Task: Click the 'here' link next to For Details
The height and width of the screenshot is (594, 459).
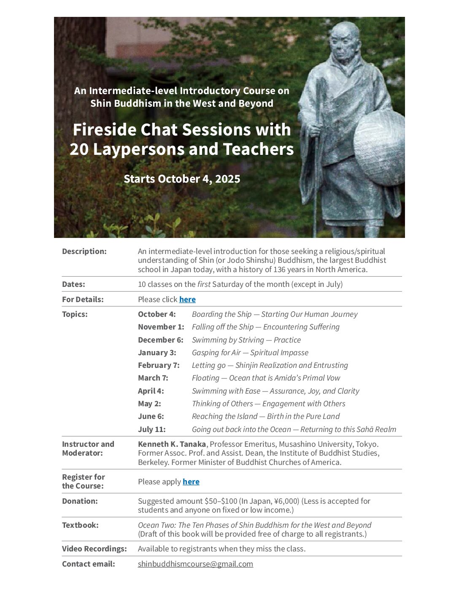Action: (x=187, y=300)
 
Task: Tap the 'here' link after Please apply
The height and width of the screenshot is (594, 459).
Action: (x=191, y=482)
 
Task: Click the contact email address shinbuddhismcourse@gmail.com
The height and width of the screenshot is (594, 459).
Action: (x=195, y=564)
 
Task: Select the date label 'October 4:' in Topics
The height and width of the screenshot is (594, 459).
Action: (x=157, y=314)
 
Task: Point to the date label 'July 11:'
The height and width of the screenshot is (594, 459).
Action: (x=152, y=429)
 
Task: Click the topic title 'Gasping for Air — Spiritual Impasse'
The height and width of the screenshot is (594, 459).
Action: (x=250, y=353)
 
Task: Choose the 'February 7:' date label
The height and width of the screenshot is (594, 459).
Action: (x=159, y=365)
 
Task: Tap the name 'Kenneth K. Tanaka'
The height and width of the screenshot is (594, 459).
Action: (x=172, y=444)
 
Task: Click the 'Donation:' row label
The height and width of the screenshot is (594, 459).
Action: (x=80, y=501)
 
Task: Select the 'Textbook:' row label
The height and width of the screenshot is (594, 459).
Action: (x=80, y=525)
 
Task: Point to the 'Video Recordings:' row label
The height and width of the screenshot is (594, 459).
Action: (x=94, y=549)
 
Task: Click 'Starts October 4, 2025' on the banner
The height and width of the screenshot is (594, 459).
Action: (x=182, y=179)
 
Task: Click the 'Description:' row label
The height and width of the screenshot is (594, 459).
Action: (x=84, y=251)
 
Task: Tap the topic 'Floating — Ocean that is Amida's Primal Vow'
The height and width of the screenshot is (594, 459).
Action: (x=266, y=378)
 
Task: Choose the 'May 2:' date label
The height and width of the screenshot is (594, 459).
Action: (x=149, y=404)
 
